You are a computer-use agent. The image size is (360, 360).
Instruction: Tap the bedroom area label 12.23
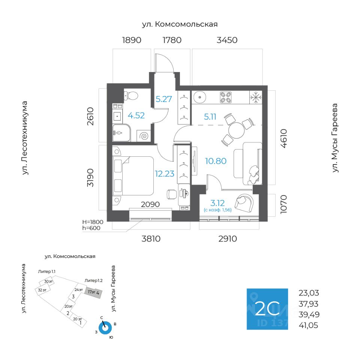tap(165, 174)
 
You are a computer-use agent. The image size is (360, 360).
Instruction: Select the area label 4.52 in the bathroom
tap(136, 115)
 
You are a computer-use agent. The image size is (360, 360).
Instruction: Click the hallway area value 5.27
tap(164, 99)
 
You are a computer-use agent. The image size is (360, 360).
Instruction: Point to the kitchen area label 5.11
tap(210, 117)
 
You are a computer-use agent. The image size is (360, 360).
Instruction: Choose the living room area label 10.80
tap(216, 161)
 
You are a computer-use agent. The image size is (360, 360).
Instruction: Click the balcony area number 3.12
tap(217, 203)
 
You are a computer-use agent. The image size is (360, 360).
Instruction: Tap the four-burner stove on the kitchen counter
tap(226, 97)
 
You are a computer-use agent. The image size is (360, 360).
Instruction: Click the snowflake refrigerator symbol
tap(256, 97)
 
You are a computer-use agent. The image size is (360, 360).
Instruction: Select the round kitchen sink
tap(200, 97)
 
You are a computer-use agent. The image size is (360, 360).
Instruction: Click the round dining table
tap(237, 130)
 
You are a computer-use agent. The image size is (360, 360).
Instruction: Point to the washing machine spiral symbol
tap(144, 136)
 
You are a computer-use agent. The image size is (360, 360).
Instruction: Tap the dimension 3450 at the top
tap(227, 40)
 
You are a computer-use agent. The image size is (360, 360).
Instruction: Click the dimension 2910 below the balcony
tap(228, 239)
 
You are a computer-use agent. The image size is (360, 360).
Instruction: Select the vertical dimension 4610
tap(284, 138)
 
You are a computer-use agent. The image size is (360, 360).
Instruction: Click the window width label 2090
tap(150, 204)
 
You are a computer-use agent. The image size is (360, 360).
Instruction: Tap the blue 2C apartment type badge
tap(267, 309)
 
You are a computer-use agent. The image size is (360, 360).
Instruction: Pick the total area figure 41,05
tap(308, 325)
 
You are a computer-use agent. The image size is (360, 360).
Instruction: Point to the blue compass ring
tap(105, 328)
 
